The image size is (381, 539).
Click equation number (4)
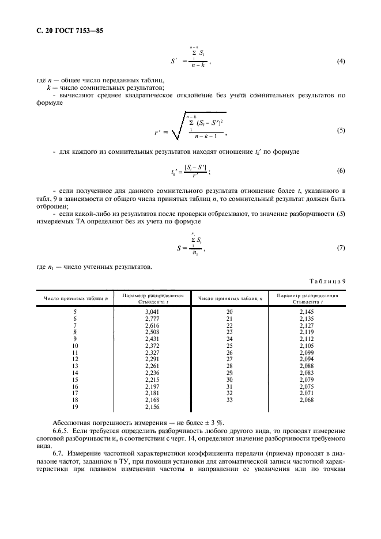[x=340, y=61]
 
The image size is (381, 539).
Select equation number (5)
[x=340, y=130]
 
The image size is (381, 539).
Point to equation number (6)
[x=340, y=171]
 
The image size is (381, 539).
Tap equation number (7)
[x=340, y=247]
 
